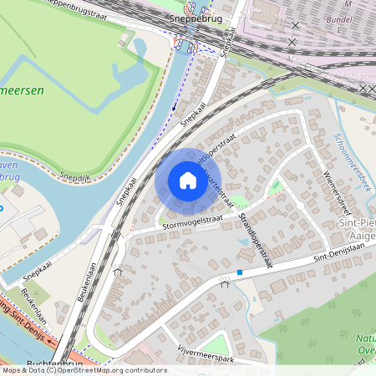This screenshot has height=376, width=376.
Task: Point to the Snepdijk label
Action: (74, 177)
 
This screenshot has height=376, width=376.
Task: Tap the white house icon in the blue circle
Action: (187, 180)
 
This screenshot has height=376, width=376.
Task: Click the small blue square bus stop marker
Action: (240, 272)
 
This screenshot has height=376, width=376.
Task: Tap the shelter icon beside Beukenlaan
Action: (118, 271)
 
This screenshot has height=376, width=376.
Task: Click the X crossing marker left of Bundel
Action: (293, 41)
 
